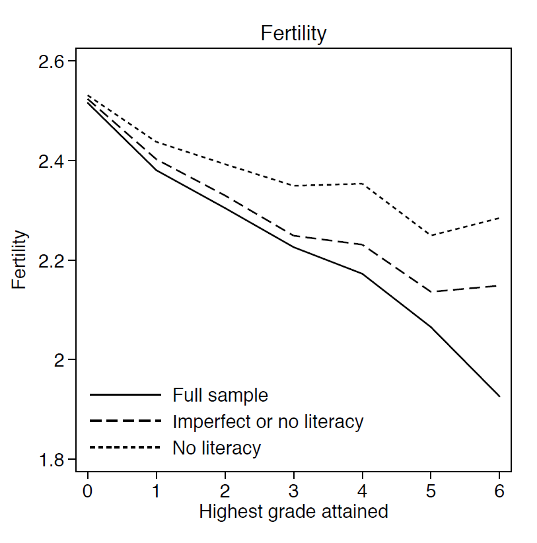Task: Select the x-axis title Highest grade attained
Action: click(x=293, y=511)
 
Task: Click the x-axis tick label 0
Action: click(x=87, y=491)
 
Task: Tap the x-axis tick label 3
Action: click(x=293, y=491)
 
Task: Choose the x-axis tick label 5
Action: click(x=431, y=491)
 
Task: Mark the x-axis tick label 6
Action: click(x=499, y=491)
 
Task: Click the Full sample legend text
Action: click(x=221, y=395)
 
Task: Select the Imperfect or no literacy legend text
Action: click(x=268, y=421)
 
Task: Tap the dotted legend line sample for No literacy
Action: click(x=125, y=448)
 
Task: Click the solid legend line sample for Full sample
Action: click(x=125, y=395)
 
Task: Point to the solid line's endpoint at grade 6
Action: click(x=499, y=396)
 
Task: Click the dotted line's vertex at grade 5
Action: click(x=431, y=235)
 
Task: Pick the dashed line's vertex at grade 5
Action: click(x=431, y=292)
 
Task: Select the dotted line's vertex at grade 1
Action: click(x=156, y=141)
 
